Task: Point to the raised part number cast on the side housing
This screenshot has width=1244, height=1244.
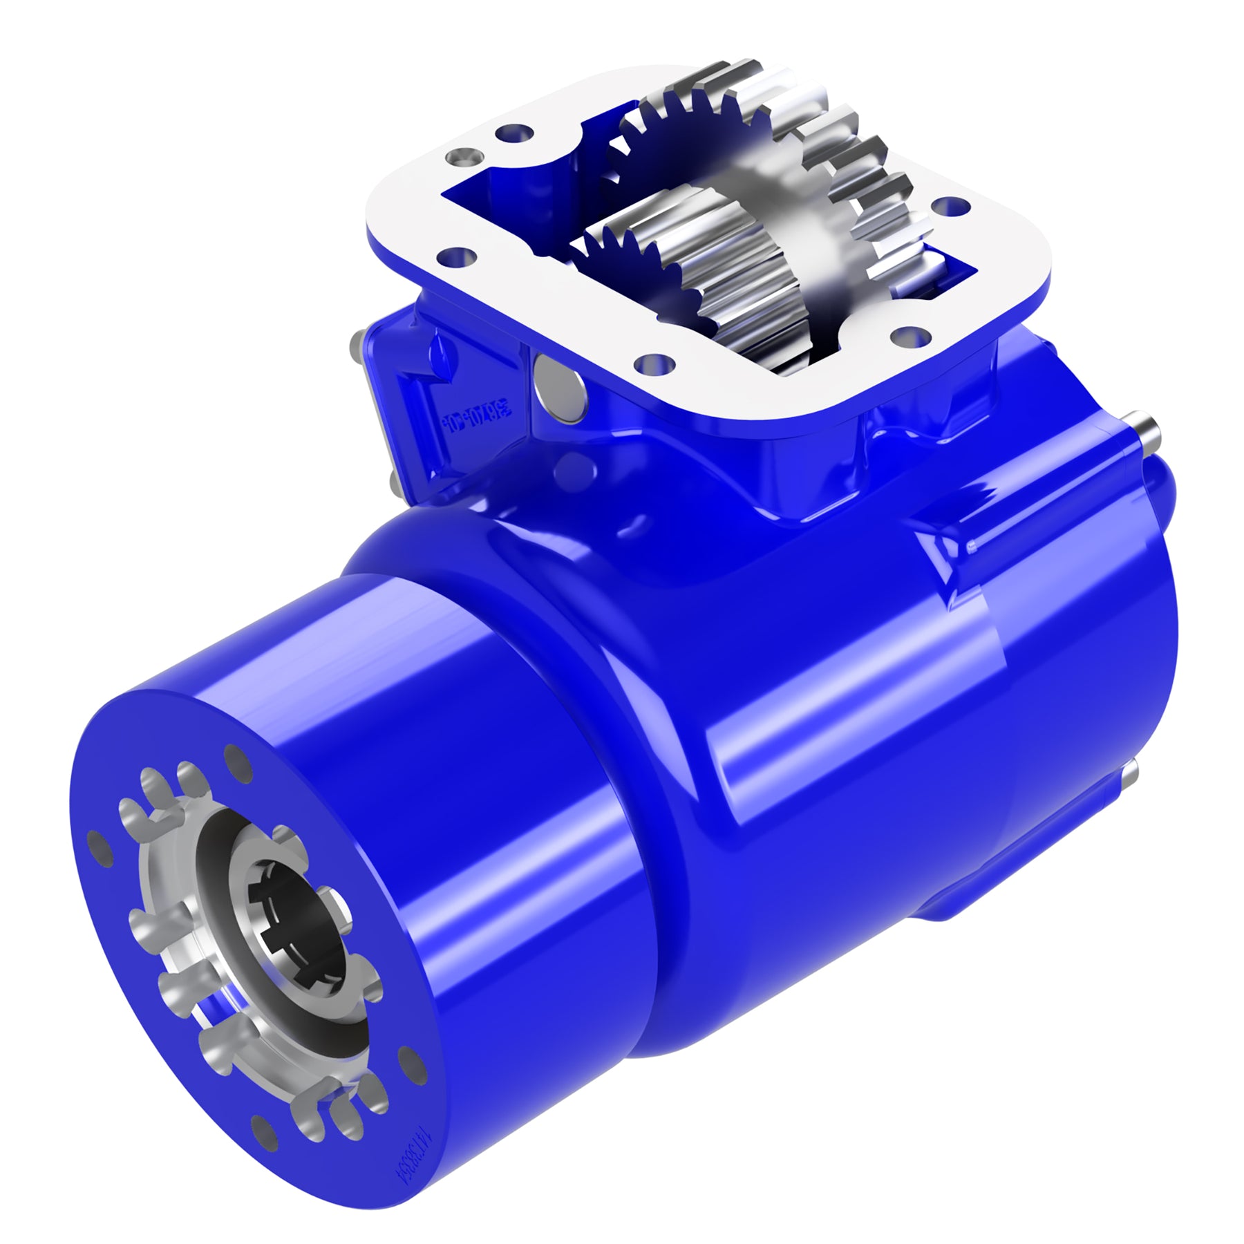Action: pyautogui.click(x=476, y=417)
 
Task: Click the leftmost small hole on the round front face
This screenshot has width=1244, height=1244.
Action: pyautogui.click(x=99, y=849)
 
